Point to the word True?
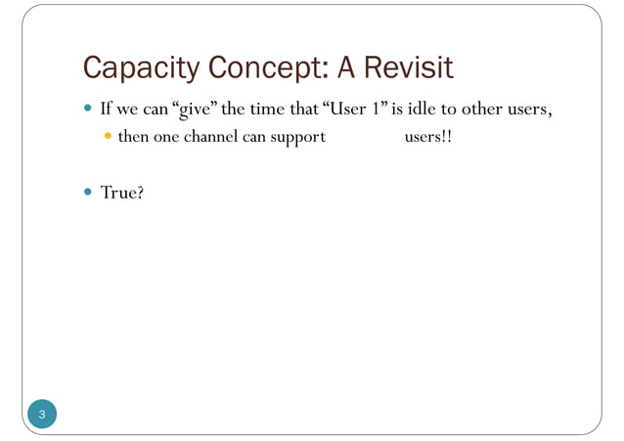pos(122,194)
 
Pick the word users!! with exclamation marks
pos(428,138)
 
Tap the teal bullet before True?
pos(89,193)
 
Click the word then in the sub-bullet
pos(133,138)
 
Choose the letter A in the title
pos(348,68)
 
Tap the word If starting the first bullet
pos(107,109)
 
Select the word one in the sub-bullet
pos(167,138)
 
